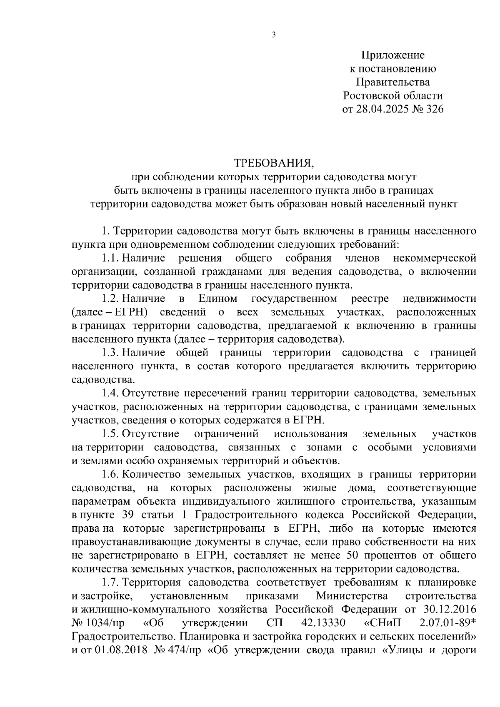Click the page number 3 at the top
pos(274,35)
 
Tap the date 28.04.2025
pos(380,109)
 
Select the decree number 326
pos(433,109)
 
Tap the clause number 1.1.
pos(111,258)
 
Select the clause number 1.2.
pos(111,299)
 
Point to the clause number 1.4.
pos(111,393)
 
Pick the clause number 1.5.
pos(111,434)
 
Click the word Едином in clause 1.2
pos(218,299)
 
